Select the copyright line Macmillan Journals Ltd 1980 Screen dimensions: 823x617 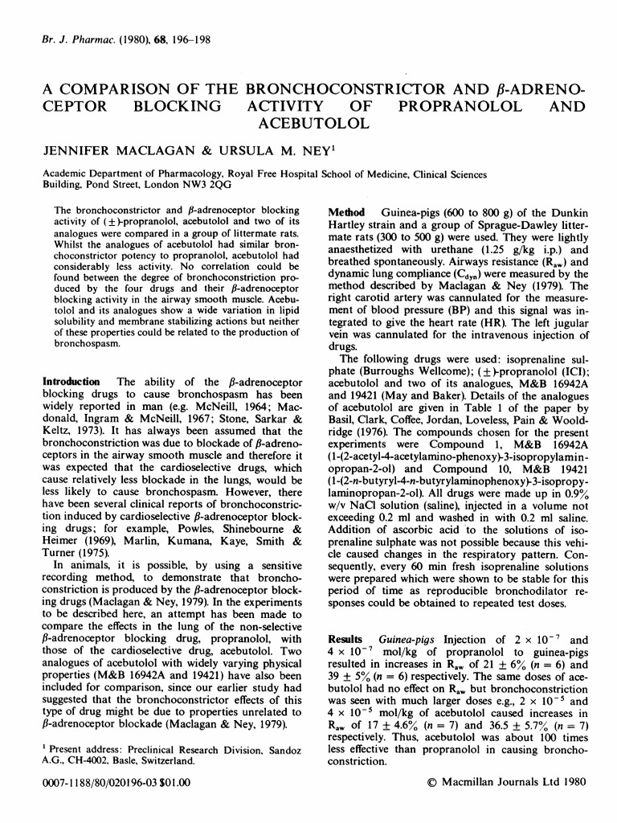[x=508, y=780]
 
